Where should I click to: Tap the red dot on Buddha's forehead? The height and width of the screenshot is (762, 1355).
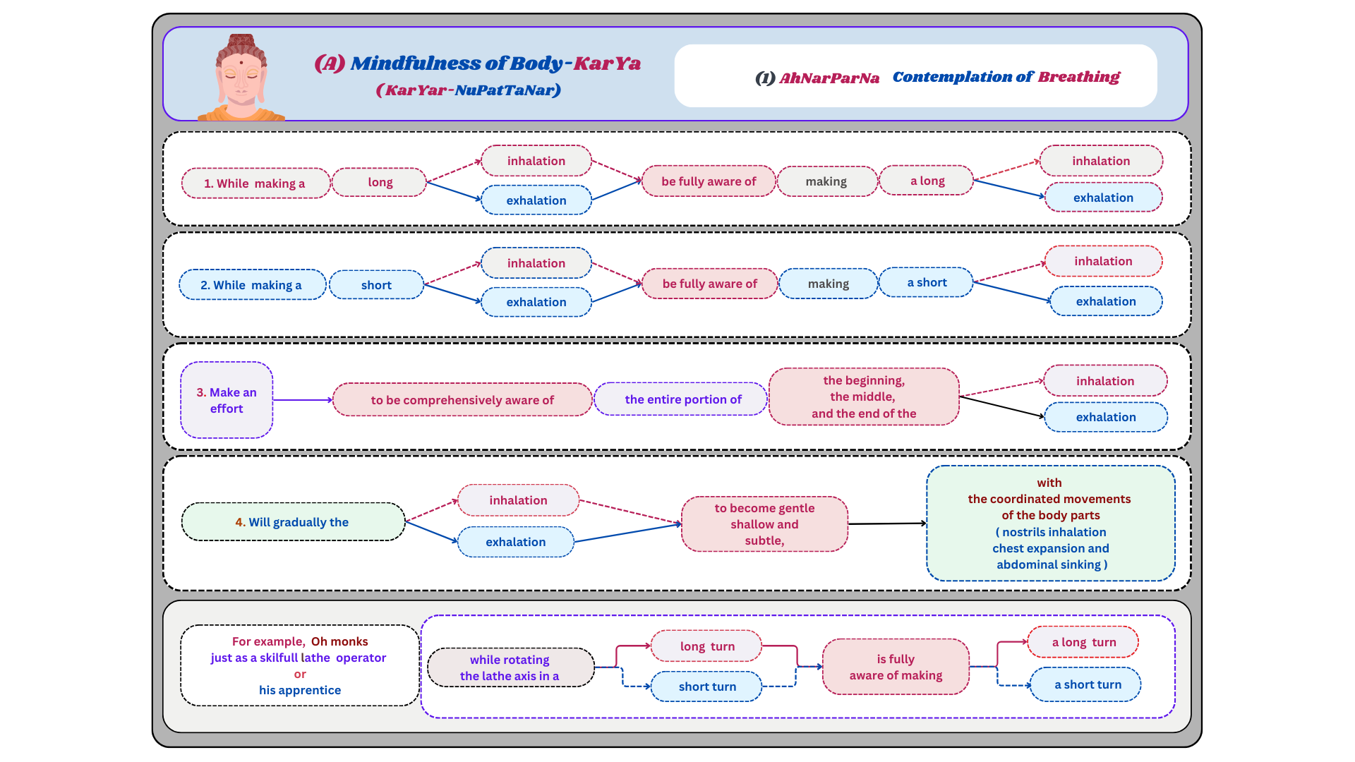click(x=241, y=63)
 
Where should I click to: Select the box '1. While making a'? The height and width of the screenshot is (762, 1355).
click(x=255, y=183)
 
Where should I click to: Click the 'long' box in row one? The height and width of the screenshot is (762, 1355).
click(x=380, y=182)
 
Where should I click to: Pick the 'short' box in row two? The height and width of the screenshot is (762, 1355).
click(x=376, y=285)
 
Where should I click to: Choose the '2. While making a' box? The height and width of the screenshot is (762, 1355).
click(x=251, y=285)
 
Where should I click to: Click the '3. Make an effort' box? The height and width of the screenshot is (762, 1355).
click(x=227, y=400)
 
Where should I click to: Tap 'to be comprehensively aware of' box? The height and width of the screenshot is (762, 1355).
click(x=462, y=400)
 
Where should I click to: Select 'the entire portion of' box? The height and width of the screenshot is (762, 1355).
click(x=682, y=399)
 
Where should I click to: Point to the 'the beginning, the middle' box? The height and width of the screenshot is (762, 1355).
click(x=864, y=397)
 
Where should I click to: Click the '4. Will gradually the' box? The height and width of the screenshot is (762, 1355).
click(x=292, y=522)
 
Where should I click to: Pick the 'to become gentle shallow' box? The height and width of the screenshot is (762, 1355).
click(x=764, y=524)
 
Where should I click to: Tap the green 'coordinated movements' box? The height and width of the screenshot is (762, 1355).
click(x=1050, y=524)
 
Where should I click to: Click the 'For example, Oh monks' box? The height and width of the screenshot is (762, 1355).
click(x=300, y=665)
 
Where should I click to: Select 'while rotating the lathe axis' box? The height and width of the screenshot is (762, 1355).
click(x=510, y=667)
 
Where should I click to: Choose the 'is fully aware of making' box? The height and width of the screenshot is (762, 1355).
click(x=896, y=667)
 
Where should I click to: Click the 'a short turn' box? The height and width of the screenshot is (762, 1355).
click(x=1087, y=684)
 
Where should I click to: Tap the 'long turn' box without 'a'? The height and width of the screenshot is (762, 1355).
click(x=706, y=646)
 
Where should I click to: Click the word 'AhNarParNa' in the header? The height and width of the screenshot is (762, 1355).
click(x=829, y=78)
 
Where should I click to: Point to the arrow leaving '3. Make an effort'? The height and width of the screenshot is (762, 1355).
click(x=302, y=400)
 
